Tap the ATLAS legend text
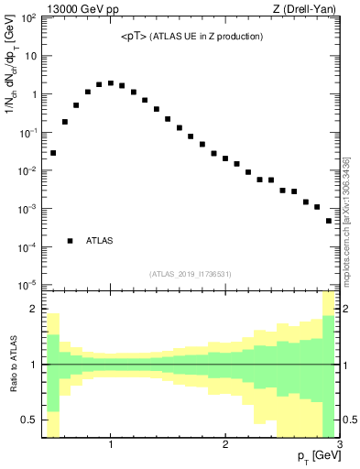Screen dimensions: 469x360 click(x=100, y=241)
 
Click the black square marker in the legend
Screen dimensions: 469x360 click(x=70, y=240)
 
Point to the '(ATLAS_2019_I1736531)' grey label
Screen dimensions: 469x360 click(x=191, y=274)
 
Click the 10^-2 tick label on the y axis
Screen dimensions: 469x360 click(x=28, y=170)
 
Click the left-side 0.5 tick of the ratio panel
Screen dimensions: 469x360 click(x=27, y=420)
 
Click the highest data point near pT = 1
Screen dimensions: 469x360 click(x=111, y=82)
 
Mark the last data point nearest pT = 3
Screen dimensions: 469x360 click(x=329, y=221)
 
